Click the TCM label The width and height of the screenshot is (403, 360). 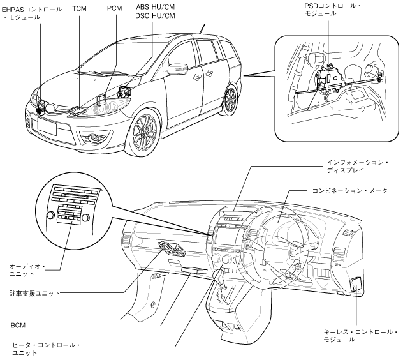point(79,8)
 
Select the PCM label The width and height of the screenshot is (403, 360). point(114,8)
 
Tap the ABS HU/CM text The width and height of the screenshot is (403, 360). point(155,7)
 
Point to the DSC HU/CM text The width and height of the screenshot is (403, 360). point(155,16)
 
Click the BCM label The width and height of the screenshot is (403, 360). point(18,326)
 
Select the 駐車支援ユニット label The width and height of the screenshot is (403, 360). point(34,293)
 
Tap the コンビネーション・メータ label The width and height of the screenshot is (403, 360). point(349,191)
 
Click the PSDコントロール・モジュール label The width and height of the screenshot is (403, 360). point(332,10)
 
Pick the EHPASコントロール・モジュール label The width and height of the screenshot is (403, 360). point(32,13)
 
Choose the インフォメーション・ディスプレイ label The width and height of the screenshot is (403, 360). point(358,166)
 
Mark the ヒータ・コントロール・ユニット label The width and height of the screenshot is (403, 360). point(46,349)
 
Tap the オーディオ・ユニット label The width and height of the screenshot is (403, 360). point(27,270)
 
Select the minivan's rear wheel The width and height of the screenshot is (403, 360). point(230,99)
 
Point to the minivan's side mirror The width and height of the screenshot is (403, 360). point(178,69)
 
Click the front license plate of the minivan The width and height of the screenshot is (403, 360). point(47,125)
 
